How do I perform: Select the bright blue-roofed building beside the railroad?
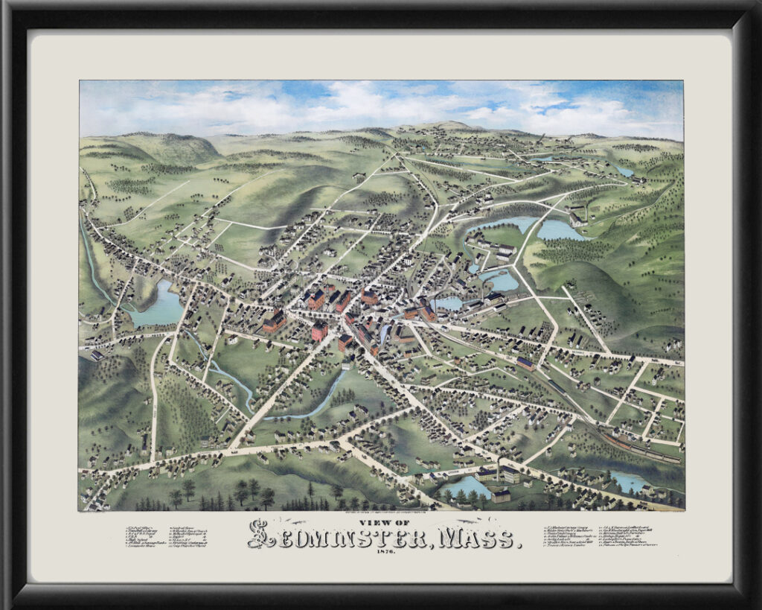tap(525, 363)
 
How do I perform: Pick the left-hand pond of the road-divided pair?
tap(494, 223)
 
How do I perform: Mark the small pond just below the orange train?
tap(629, 483)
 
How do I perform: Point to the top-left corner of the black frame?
tap(4, 4)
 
